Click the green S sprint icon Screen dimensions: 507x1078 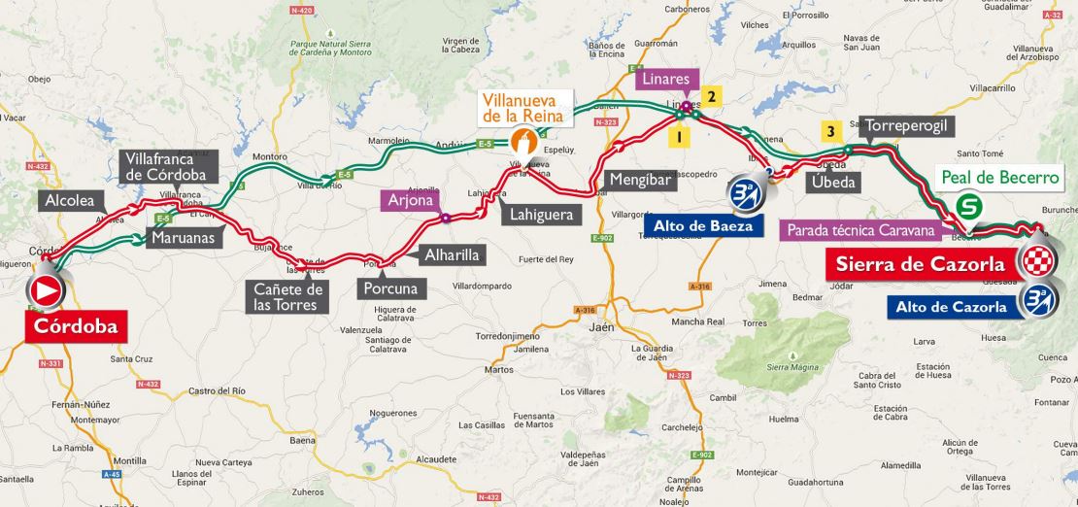pos(967,206)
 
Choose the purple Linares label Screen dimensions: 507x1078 pos(666,80)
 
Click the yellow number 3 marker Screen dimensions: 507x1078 pos(829,132)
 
